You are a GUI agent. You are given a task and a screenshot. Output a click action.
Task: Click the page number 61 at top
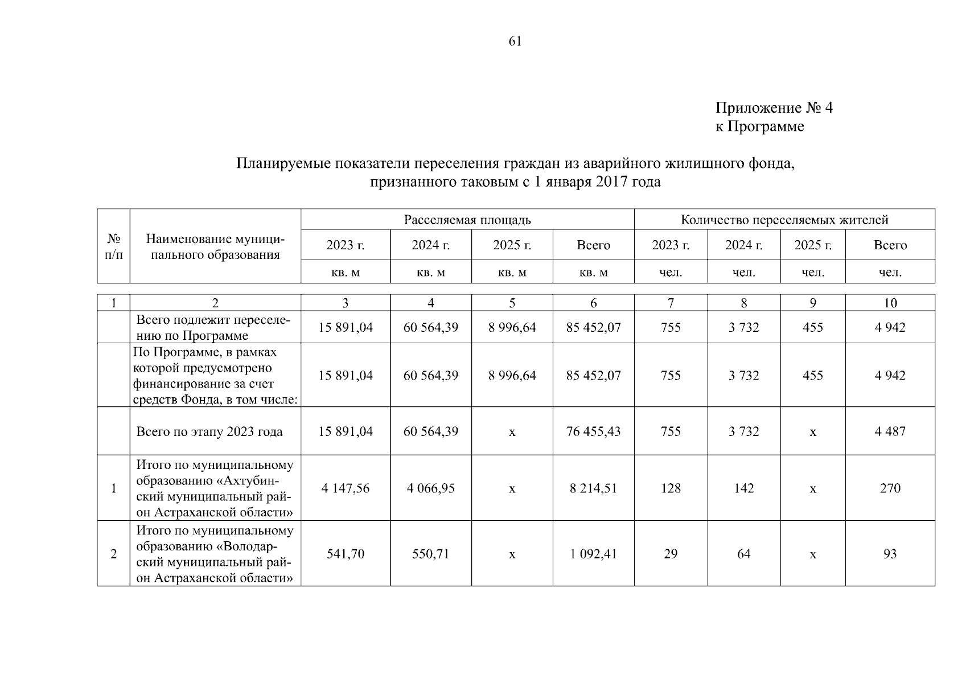point(515,42)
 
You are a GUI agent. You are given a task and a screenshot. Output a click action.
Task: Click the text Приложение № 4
point(774,108)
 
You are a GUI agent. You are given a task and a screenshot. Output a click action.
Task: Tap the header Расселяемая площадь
point(467,220)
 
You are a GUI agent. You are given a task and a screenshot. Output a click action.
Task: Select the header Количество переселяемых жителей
point(784,220)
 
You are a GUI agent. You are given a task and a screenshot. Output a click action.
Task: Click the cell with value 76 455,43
point(593,431)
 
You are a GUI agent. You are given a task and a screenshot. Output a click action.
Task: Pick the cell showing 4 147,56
point(345,488)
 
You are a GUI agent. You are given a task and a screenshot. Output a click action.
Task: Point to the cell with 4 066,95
point(430,488)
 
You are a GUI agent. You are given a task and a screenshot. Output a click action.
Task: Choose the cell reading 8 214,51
point(593,488)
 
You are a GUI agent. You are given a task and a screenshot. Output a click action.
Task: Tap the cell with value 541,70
point(345,554)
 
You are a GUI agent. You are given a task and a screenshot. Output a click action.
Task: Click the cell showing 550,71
point(430,554)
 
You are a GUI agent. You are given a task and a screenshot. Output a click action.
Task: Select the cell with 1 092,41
point(593,554)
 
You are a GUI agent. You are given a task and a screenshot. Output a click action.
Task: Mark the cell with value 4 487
point(890,431)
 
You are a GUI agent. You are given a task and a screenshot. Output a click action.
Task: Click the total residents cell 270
point(890,488)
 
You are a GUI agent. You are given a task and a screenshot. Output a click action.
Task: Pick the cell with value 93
point(890,554)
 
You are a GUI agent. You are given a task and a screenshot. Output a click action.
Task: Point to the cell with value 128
point(671,488)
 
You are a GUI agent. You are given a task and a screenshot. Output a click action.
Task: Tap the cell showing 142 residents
point(743,488)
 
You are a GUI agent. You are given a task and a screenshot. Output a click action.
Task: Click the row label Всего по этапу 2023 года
point(209,432)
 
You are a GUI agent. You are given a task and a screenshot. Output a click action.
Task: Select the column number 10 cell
point(890,303)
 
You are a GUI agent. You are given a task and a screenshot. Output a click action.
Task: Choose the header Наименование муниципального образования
point(215,246)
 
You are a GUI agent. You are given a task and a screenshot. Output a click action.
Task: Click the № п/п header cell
point(114,246)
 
